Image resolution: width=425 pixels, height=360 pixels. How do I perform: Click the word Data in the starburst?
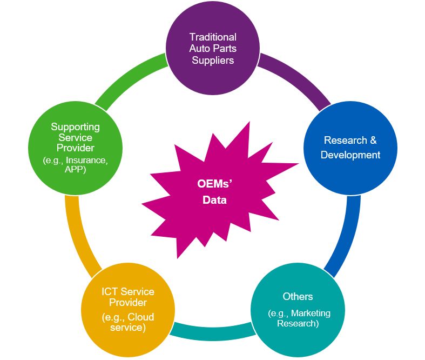pos(214,201)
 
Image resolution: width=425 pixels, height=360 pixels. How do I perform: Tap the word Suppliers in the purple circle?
pos(213,60)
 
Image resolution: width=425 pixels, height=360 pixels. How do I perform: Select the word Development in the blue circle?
pos(350,155)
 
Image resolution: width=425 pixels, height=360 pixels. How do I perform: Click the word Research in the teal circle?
pos(298,324)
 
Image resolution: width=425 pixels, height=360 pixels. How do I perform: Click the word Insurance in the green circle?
pos(86,160)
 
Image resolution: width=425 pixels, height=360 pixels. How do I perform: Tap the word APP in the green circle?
pos(75,169)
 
